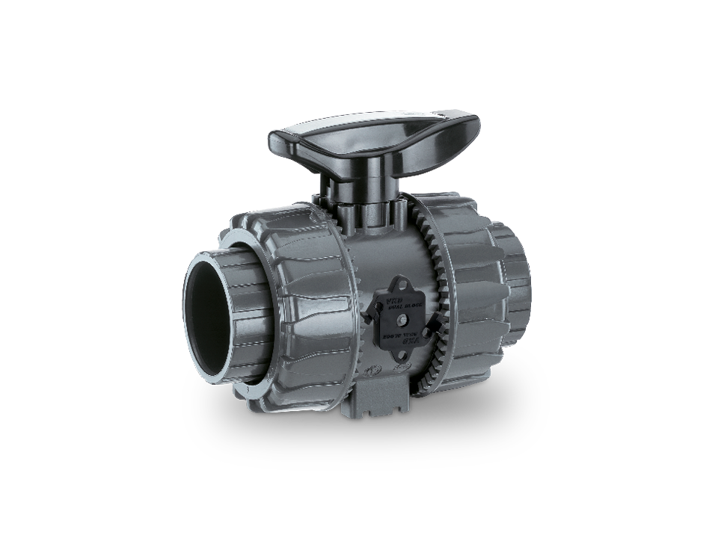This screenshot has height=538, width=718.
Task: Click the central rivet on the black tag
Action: click(402, 321)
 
